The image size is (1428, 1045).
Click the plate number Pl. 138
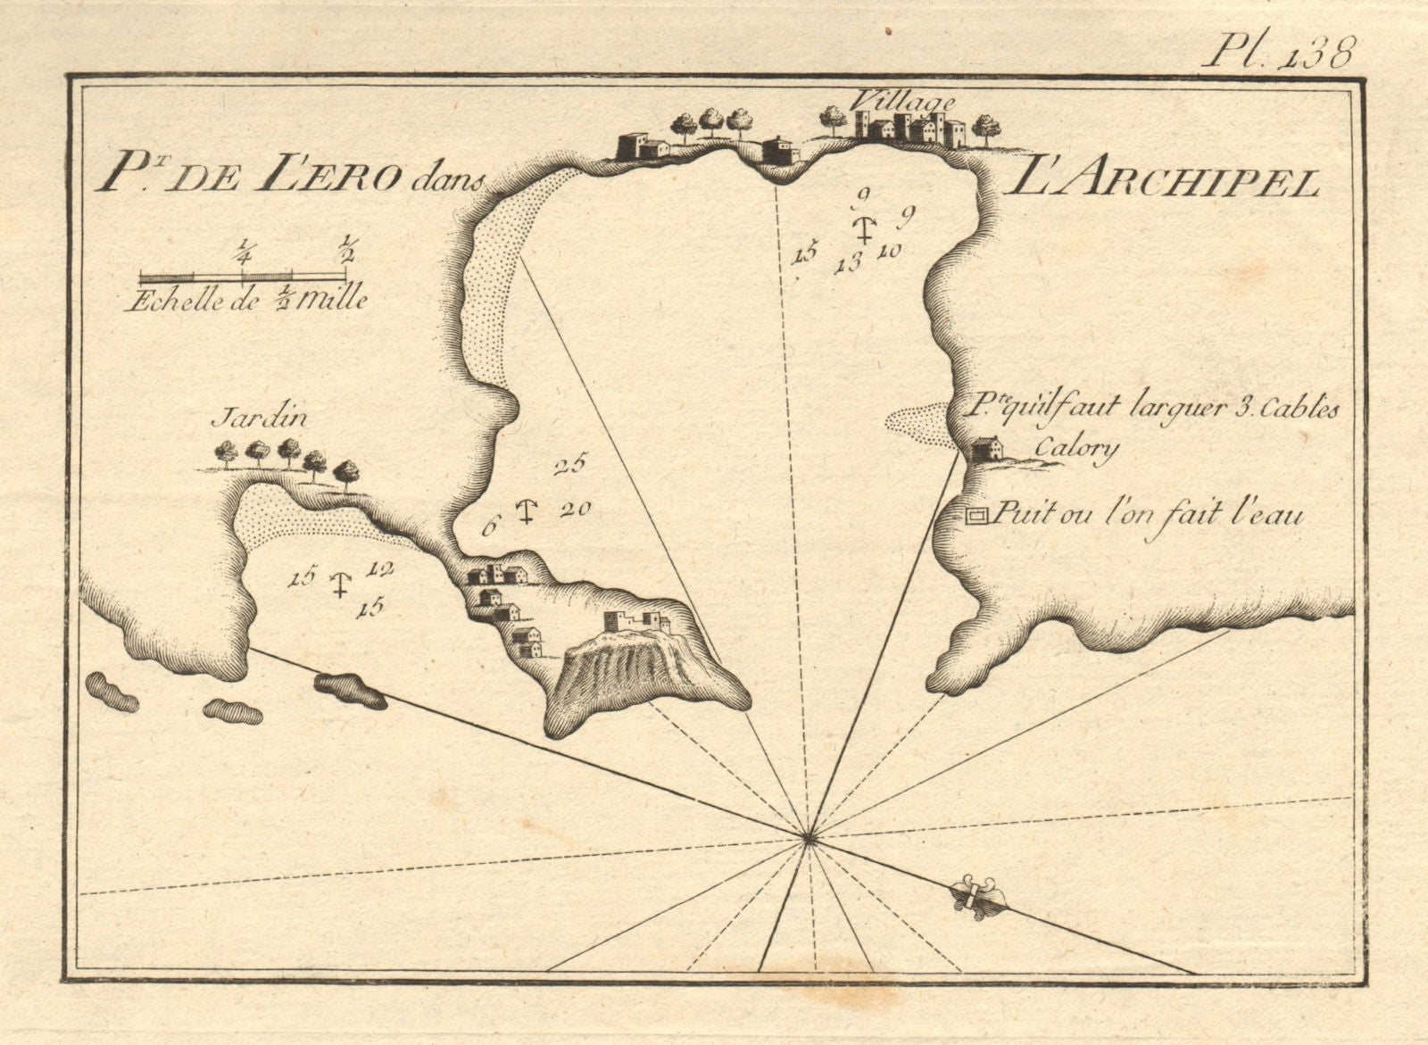1278,52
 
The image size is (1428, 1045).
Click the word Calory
1076,448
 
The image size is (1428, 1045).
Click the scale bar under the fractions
242,277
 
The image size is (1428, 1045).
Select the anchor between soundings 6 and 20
527,512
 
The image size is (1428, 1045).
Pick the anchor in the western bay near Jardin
338,585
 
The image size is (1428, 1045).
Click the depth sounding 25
567,465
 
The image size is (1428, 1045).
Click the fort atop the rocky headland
636,622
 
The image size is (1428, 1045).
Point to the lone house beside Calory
985,448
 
